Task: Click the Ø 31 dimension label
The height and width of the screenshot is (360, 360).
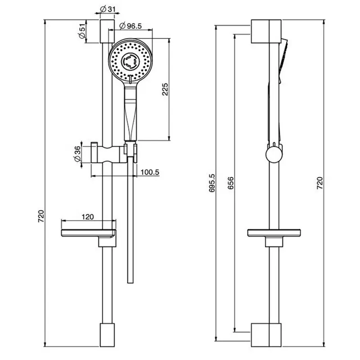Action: (108, 9)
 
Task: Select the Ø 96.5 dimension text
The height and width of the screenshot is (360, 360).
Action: (130, 26)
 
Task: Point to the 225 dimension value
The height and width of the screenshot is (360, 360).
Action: (165, 89)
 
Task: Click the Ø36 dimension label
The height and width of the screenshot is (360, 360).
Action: (77, 154)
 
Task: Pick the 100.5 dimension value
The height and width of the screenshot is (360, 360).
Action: (150, 172)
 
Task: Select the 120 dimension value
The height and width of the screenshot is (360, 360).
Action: (88, 217)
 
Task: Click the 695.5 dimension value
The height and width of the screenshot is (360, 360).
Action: (212, 183)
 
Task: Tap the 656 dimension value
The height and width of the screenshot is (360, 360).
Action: (230, 183)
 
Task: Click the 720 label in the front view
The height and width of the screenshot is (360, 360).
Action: (41, 216)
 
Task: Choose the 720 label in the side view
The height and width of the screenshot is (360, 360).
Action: (319, 183)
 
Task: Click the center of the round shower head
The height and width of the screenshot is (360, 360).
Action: (130, 61)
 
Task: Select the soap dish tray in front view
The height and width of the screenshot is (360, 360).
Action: (89, 233)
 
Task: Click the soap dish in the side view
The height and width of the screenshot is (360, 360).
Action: (274, 233)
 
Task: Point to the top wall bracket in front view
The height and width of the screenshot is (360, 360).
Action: (107, 31)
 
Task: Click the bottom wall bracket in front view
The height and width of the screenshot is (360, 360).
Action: (107, 335)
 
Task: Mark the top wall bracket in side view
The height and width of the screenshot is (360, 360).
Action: (266, 31)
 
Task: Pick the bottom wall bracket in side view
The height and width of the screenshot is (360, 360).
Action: (266, 335)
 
